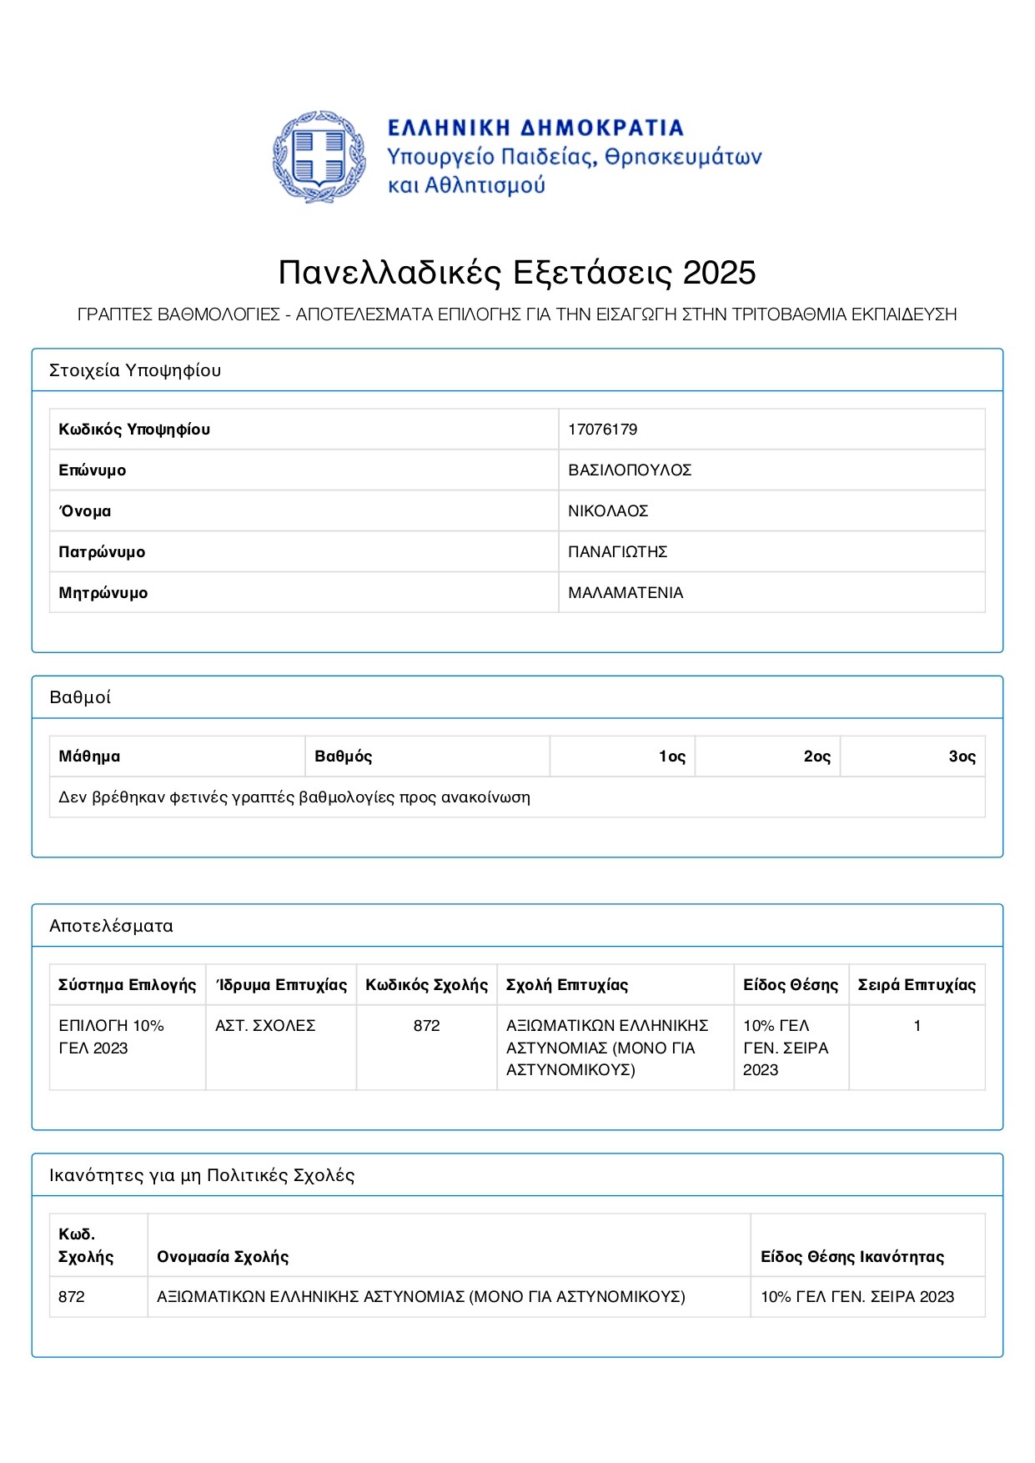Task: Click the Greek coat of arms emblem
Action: pyautogui.click(x=319, y=157)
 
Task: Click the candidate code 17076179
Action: pyautogui.click(x=602, y=430)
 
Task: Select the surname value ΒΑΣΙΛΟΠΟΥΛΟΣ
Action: pyautogui.click(x=630, y=470)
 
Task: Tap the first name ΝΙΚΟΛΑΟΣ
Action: pyautogui.click(x=608, y=511)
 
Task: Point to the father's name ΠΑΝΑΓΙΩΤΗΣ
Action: pyautogui.click(x=617, y=552)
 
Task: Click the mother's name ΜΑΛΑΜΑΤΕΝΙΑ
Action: pyautogui.click(x=626, y=593)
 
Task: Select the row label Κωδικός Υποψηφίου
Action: pyautogui.click(x=134, y=430)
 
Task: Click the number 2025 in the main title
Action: pyautogui.click(x=719, y=273)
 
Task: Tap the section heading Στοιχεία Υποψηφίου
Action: pyautogui.click(x=135, y=370)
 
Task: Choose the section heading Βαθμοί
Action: pyautogui.click(x=80, y=697)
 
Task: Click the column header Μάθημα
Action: pyautogui.click(x=89, y=757)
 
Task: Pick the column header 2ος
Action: pyautogui.click(x=817, y=757)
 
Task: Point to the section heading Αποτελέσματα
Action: pyautogui.click(x=111, y=926)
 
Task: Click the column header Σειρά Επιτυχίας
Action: pyautogui.click(x=917, y=985)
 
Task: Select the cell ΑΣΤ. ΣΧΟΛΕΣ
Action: pyautogui.click(x=265, y=1026)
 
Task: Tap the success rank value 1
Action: pyautogui.click(x=917, y=1026)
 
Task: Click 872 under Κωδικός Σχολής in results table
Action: pyautogui.click(x=426, y=1026)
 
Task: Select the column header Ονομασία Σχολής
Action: pyautogui.click(x=223, y=1257)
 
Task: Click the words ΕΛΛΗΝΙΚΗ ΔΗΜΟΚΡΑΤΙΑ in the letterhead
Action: pyautogui.click(x=535, y=128)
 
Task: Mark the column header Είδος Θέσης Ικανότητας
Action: pyautogui.click(x=852, y=1257)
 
